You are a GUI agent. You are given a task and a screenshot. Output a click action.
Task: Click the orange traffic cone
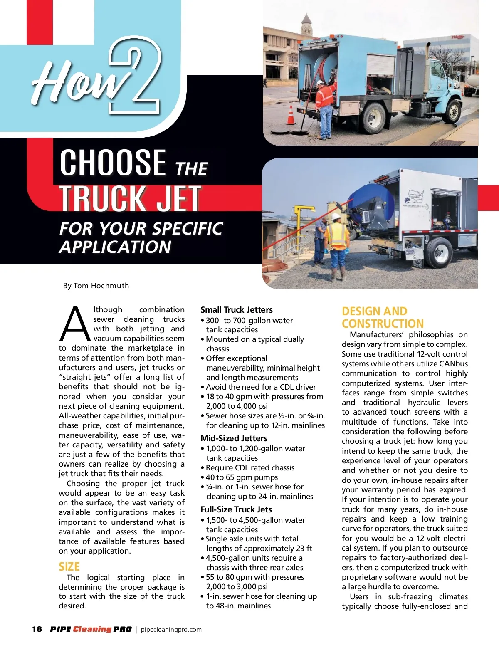tap(291, 116)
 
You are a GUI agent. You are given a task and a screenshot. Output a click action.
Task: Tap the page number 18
tap(37, 629)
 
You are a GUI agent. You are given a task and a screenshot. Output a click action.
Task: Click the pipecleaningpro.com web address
tap(171, 630)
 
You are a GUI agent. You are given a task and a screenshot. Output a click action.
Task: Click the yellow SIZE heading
tap(69, 566)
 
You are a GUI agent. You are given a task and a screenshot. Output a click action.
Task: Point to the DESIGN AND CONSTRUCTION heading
tap(383, 317)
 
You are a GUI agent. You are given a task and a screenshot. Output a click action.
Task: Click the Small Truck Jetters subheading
tap(236, 310)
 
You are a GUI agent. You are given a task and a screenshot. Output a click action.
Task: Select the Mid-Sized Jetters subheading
tap(234, 438)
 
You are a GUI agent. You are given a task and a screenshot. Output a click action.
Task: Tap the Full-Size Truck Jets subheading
tap(236, 509)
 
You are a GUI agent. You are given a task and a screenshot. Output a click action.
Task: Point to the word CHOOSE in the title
tap(113, 163)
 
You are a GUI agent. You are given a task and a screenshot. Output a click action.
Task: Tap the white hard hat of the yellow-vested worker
tap(335, 217)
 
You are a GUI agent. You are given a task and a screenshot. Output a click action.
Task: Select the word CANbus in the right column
tap(453, 364)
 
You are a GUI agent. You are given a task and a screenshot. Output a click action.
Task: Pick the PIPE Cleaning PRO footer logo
tap(91, 629)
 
